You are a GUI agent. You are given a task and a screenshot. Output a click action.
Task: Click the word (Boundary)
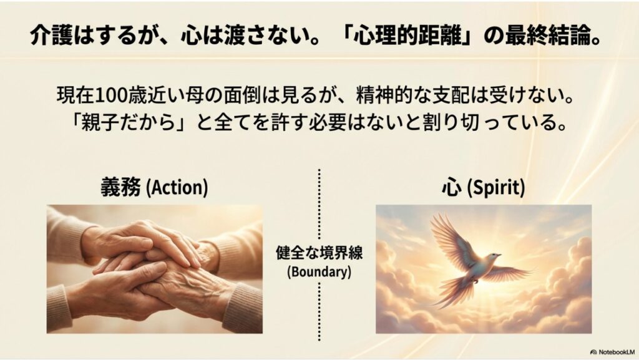click(319, 273)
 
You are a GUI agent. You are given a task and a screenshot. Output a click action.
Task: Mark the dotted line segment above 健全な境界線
click(319, 206)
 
